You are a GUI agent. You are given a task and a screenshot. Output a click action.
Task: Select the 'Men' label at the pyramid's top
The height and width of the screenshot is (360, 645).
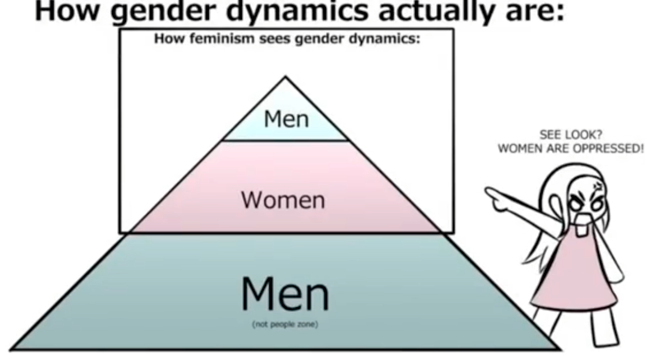pyautogui.click(x=286, y=119)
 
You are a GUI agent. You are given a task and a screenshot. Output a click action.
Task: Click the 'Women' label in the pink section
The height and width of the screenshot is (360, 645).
pyautogui.click(x=283, y=200)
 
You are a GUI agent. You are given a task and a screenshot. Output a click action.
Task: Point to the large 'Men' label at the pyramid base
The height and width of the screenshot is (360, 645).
pyautogui.click(x=285, y=294)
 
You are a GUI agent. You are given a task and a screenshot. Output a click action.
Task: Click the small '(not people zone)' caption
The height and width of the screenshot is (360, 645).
pyautogui.click(x=285, y=325)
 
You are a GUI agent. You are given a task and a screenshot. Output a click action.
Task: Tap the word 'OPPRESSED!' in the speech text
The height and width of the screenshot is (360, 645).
pyautogui.click(x=608, y=149)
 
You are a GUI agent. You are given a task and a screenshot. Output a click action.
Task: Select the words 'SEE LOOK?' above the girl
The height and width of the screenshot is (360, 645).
pyautogui.click(x=571, y=135)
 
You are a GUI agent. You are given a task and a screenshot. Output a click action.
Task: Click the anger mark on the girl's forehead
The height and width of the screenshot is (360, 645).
pyautogui.click(x=598, y=186)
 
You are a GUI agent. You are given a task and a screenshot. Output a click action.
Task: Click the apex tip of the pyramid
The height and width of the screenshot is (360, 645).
pyautogui.click(x=285, y=76)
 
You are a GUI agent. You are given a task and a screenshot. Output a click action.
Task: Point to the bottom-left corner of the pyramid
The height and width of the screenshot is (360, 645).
pyautogui.click(x=11, y=349)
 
